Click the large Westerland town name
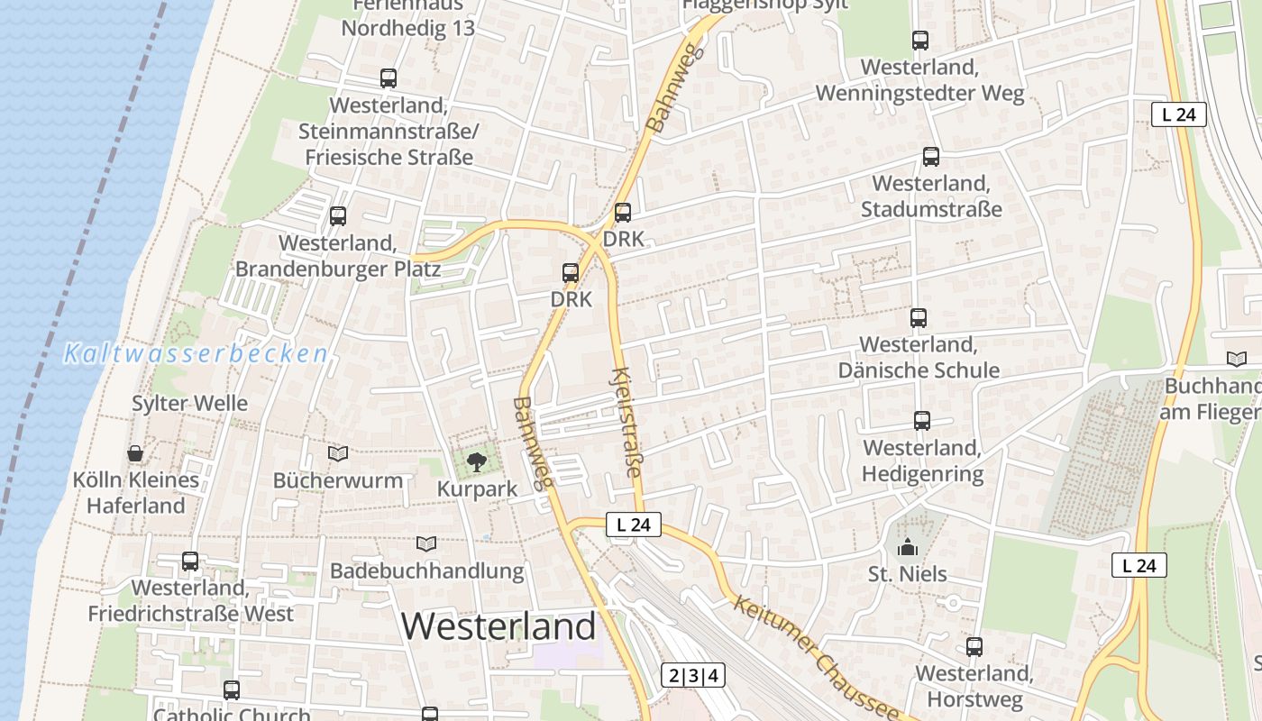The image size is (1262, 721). pyautogui.click(x=498, y=625)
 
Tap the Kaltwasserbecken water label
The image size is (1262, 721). pyautogui.click(x=196, y=353)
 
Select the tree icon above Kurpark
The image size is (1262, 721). pyautogui.click(x=476, y=463)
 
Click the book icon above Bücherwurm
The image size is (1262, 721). pyautogui.click(x=338, y=453)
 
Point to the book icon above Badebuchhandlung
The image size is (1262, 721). pyautogui.click(x=426, y=543)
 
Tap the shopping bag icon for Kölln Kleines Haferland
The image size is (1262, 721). pyautogui.click(x=135, y=452)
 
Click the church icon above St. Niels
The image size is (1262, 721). pyautogui.click(x=907, y=547)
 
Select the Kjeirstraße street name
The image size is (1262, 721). pyautogui.click(x=627, y=421)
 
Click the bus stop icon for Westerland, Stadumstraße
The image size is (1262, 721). pyautogui.click(x=931, y=157)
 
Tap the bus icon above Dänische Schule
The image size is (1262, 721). pyautogui.click(x=919, y=318)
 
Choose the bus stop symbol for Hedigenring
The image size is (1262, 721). pyautogui.click(x=922, y=421)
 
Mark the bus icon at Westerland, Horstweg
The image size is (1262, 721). pyautogui.click(x=974, y=647)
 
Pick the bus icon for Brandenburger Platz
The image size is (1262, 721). pyautogui.click(x=338, y=216)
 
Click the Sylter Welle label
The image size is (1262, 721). pyautogui.click(x=189, y=403)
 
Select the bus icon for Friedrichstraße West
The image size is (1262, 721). pyautogui.click(x=190, y=561)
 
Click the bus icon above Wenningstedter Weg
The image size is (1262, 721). pyautogui.click(x=920, y=41)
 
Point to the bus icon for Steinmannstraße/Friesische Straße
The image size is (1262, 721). pyautogui.click(x=389, y=78)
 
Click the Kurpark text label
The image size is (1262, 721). pyautogui.click(x=477, y=489)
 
